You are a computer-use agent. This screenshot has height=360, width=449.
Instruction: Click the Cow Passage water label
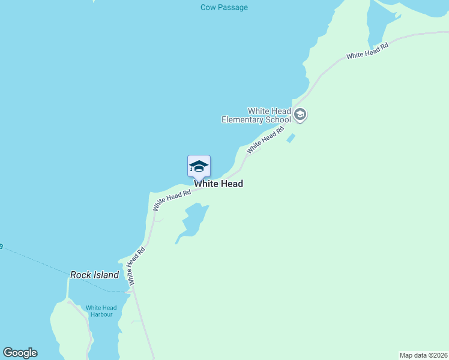click(224, 8)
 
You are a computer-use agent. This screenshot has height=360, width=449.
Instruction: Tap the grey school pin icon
click(301, 115)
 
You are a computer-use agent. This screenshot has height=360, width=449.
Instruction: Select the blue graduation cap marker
click(199, 166)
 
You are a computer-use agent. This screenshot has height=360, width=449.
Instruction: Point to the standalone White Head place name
click(218, 184)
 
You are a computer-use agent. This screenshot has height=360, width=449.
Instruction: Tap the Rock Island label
click(94, 275)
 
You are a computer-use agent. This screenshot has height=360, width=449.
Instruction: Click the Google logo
click(20, 353)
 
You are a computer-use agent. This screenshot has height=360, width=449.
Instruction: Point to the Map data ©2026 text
click(423, 355)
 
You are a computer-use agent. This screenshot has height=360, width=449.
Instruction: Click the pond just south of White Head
click(193, 221)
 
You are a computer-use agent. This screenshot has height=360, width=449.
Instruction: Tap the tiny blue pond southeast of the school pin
click(291, 139)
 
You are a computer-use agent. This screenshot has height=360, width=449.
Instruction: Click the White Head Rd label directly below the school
click(265, 140)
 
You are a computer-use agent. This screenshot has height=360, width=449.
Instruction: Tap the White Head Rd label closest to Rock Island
click(137, 266)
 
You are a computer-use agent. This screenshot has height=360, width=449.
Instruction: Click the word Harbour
click(101, 314)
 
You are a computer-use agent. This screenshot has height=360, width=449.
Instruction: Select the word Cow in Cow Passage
click(208, 8)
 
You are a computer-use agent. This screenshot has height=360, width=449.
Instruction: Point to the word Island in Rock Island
click(106, 275)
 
